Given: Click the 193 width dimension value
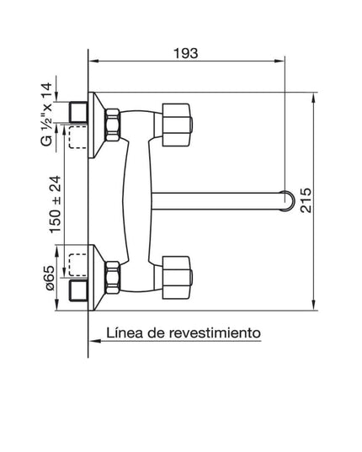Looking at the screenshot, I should click(x=186, y=53).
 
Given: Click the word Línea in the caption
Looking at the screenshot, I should click(x=125, y=332).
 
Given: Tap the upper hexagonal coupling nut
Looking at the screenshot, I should click(x=112, y=124).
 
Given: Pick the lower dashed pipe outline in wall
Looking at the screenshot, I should click(x=77, y=264).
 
